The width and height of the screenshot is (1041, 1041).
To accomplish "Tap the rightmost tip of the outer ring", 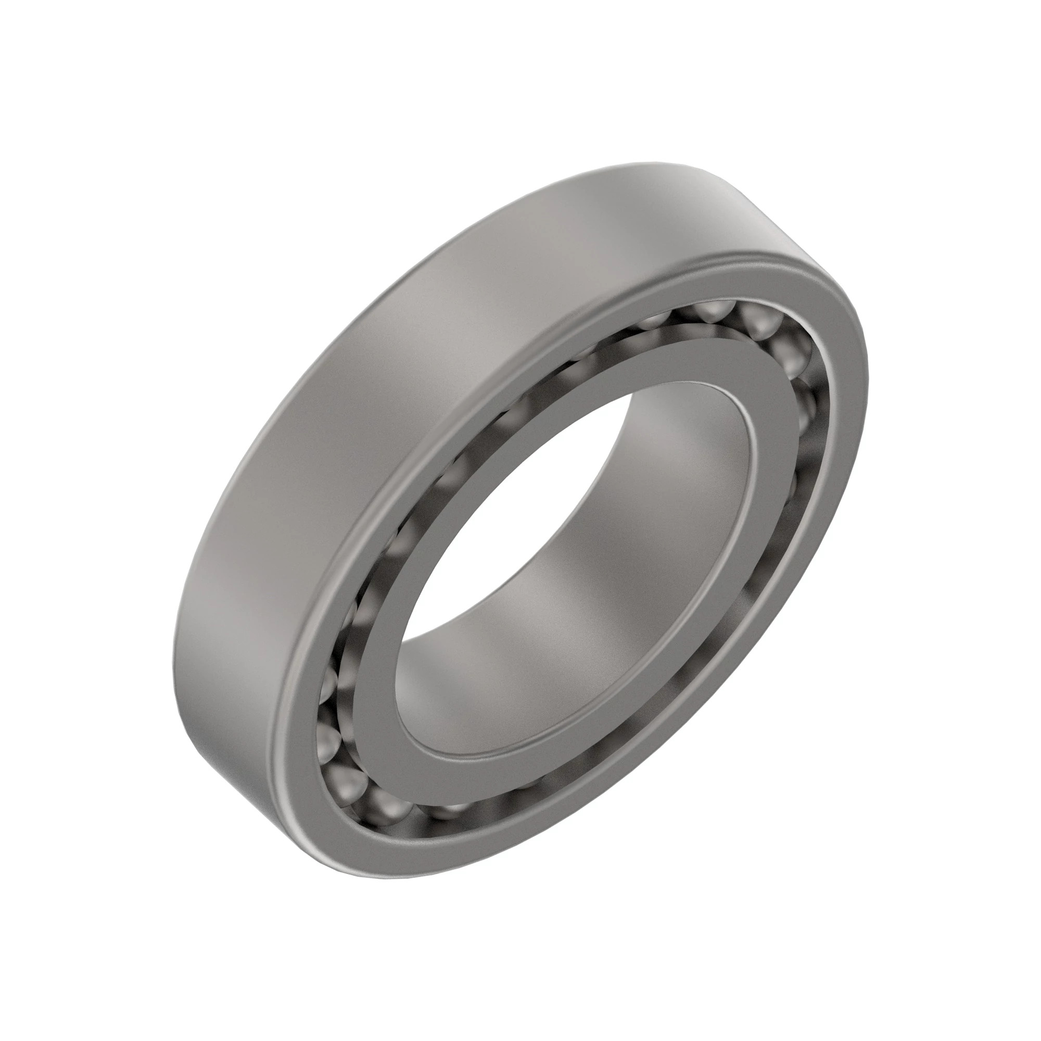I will (869, 366).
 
